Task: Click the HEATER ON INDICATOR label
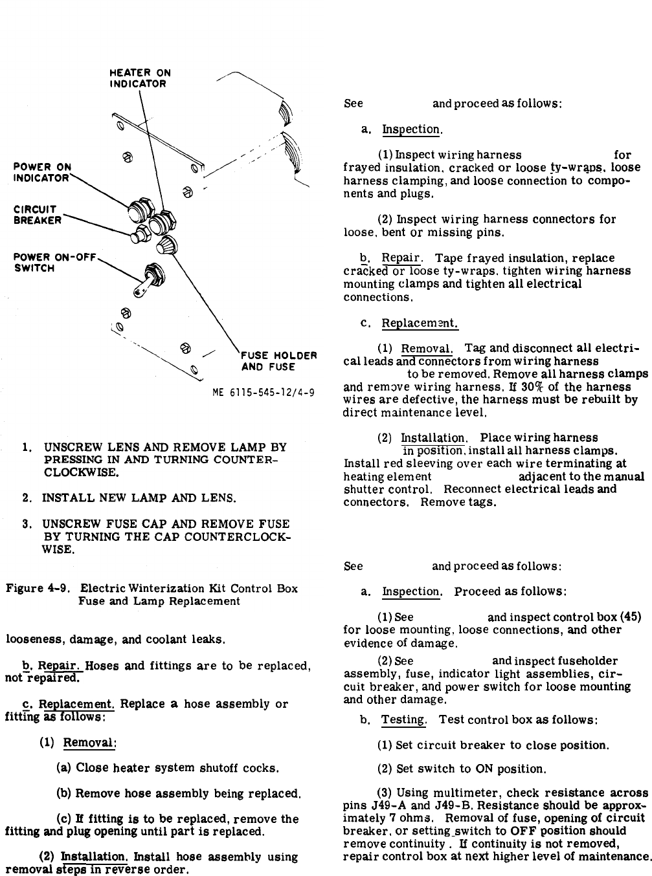(139, 78)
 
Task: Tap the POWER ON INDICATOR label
(42, 172)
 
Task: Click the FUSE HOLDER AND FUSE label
(278, 361)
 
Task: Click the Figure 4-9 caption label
(40, 589)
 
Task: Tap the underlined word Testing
(403, 719)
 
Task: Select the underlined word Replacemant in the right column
(420, 323)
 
